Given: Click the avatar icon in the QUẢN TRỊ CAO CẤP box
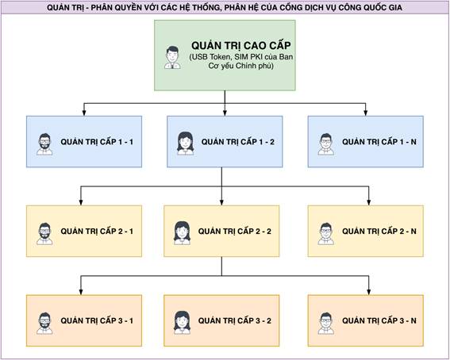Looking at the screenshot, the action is tap(172, 58).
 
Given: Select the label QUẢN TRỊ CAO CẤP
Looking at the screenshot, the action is tap(241, 45).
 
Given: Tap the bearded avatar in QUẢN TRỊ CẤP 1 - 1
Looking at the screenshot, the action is tap(44, 144).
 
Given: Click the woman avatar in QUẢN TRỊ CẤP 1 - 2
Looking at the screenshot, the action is tap(185, 144).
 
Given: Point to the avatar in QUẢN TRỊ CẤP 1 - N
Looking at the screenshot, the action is tap(326, 144).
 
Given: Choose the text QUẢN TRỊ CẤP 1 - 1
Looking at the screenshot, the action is tap(97, 142).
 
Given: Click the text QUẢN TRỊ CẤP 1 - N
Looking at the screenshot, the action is tap(379, 142).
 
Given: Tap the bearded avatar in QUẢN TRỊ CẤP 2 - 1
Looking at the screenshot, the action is tap(44, 234).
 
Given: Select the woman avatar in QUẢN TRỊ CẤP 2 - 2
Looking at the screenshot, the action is tap(182, 233).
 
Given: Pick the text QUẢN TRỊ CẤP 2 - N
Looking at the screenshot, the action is tap(379, 231).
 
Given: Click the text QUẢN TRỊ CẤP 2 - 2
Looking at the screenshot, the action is tap(235, 231).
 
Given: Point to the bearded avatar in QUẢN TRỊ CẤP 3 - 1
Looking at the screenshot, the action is tap(44, 324).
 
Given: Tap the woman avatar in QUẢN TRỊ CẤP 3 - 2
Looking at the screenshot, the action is tap(182, 323).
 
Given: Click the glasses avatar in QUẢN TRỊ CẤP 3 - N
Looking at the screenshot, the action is tap(326, 324).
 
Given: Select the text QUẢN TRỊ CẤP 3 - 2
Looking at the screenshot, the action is tap(235, 320).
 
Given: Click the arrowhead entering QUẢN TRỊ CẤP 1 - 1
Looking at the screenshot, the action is tap(84, 113).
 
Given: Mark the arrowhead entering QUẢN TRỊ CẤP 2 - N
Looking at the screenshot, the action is tap(369, 202).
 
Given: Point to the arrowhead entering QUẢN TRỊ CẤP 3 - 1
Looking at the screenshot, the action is tap(81, 292).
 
